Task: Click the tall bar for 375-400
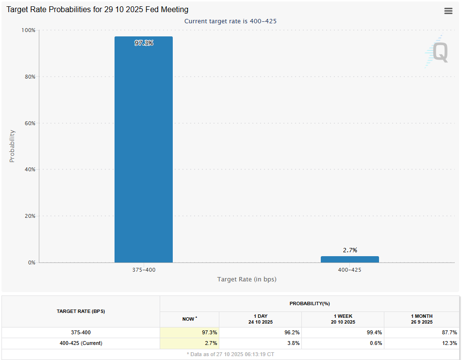tap(144, 149)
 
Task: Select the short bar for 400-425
tap(350, 259)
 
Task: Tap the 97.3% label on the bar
tap(144, 43)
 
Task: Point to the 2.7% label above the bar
tap(350, 250)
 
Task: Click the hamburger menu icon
tap(448, 11)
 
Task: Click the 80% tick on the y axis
tap(30, 77)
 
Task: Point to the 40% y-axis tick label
tap(30, 169)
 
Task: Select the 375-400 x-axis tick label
tap(144, 270)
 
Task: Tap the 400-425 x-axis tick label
tap(350, 270)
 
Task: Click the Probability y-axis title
tap(12, 146)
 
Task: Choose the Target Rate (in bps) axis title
tap(247, 279)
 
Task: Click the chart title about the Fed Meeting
tap(98, 9)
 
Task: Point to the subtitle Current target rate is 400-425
tap(231, 21)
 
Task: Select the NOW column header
tap(189, 319)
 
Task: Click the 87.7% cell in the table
tap(449, 332)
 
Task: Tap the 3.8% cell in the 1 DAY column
tap(293, 343)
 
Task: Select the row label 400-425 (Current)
tap(81, 343)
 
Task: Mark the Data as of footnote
tap(231, 354)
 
